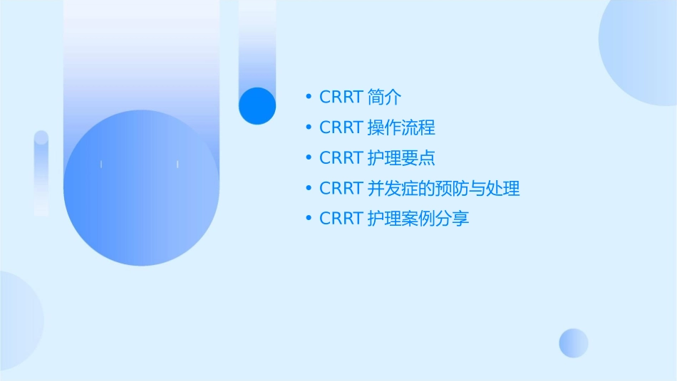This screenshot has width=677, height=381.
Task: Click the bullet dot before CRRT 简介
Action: pos(308,97)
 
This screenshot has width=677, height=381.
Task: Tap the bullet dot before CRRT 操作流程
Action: pos(308,127)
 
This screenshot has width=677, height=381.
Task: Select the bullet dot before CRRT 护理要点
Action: pos(308,157)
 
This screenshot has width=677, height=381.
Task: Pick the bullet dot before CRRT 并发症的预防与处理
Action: pos(308,188)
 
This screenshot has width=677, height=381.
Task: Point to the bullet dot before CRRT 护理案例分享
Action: pos(308,219)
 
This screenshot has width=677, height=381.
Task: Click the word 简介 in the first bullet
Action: pos(384,97)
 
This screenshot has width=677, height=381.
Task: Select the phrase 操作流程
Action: pos(401,127)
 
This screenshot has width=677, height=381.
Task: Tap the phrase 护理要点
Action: pos(401,157)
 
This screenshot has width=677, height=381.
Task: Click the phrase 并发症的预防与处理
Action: pos(443,188)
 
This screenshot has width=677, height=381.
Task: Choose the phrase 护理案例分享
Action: pos(418,219)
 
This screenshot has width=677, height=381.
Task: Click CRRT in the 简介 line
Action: pos(341,97)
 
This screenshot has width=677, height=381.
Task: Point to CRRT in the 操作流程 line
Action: pos(341,127)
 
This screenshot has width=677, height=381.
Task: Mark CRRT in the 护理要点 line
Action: pos(341,157)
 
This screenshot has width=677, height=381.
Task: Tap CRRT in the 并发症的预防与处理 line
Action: pos(341,188)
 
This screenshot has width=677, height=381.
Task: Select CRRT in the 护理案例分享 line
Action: pos(341,219)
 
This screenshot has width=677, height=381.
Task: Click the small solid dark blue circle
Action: pos(257,105)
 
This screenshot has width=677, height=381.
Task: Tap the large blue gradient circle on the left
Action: pos(141,188)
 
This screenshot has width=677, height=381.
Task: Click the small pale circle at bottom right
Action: pos(574,343)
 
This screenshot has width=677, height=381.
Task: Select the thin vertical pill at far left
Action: pos(41,172)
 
